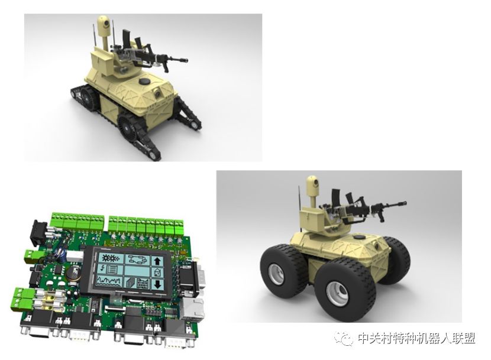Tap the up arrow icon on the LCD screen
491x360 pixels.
157,261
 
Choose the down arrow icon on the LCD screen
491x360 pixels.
157,284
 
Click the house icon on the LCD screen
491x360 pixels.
157,273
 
